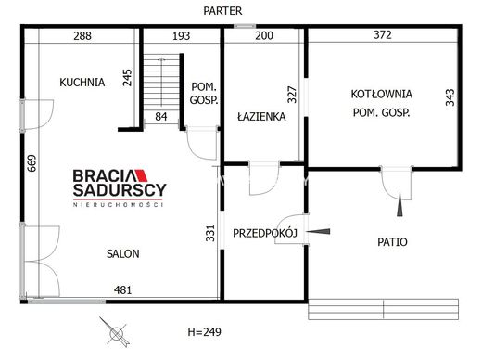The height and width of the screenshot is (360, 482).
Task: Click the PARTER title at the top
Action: pyautogui.click(x=222, y=11)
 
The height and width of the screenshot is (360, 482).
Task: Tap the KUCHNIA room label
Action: pyautogui.click(x=82, y=83)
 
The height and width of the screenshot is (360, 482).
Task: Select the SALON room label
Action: pyautogui.click(x=123, y=254)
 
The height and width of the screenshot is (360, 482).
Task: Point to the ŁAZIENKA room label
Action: pyautogui.click(x=261, y=116)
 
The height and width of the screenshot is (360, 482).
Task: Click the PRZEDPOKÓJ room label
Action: pyautogui.click(x=265, y=233)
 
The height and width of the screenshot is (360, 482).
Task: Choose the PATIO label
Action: pyautogui.click(x=392, y=242)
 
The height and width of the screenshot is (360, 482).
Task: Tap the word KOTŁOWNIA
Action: pyautogui.click(x=382, y=94)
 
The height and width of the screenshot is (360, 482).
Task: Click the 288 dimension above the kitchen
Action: pyautogui.click(x=82, y=36)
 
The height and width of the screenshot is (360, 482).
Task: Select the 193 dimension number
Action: pyautogui.click(x=182, y=36)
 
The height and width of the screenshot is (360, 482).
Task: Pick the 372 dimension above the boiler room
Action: pyautogui.click(x=383, y=34)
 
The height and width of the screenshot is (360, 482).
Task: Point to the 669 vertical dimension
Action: pyautogui.click(x=32, y=163)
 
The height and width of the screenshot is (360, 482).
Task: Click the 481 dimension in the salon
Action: pyautogui.click(x=123, y=290)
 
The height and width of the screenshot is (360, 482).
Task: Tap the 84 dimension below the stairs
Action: pyautogui.click(x=161, y=117)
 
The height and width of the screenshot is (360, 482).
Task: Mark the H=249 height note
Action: pyautogui.click(x=205, y=332)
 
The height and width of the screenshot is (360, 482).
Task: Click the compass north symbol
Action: pyautogui.click(x=116, y=333)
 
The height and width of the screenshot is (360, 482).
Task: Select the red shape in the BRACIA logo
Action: pyautogui.click(x=141, y=175)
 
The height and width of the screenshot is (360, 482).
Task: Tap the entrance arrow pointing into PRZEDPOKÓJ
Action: pyautogui.click(x=318, y=231)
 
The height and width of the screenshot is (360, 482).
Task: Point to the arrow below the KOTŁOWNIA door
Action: pyautogui.click(x=400, y=204)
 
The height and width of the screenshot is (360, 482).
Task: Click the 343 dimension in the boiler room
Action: pyautogui.click(x=450, y=97)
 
